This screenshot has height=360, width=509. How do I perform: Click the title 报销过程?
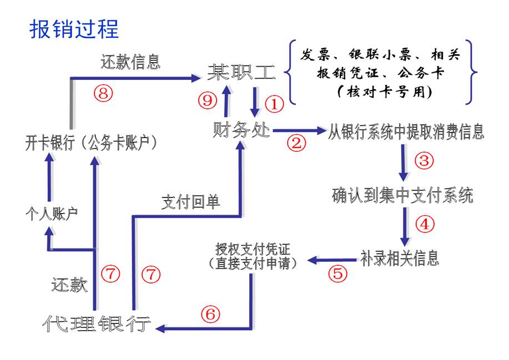tap(74, 28)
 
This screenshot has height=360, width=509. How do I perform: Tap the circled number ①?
tap(274, 103)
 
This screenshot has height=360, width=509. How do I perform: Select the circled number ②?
tap(296, 143)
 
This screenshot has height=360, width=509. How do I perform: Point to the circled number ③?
tap(424, 160)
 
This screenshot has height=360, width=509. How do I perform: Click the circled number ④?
tap(424, 224)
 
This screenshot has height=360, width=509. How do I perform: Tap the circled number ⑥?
tap(210, 315)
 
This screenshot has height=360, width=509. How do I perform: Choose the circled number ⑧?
tap(103, 93)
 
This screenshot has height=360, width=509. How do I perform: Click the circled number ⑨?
tap(208, 100)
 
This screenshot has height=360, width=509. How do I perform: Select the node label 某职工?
tap(235, 72)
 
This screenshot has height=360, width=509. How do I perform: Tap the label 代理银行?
tap(97, 324)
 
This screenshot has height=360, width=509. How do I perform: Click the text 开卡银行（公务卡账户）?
tap(92, 143)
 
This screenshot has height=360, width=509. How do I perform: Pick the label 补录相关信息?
tap(400, 258)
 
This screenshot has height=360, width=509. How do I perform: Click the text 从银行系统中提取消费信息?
tap(406, 132)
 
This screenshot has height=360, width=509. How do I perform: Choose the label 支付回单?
tap(190, 201)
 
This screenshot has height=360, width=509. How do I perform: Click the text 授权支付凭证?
tap(253, 248)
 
